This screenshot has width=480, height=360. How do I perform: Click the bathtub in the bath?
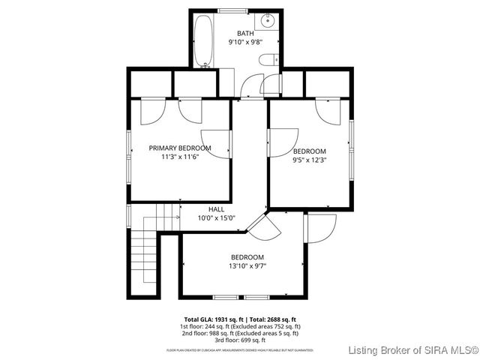[203, 42]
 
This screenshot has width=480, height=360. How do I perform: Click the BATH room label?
[246, 33]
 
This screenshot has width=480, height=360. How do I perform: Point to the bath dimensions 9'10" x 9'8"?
[246, 43]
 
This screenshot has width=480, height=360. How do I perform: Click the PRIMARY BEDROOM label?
[179, 148]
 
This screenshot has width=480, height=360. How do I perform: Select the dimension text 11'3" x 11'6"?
[179, 157]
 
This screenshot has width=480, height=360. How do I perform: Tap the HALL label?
[216, 209]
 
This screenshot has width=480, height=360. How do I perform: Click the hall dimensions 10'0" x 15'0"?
[216, 218]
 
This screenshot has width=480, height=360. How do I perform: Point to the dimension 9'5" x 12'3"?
[310, 160]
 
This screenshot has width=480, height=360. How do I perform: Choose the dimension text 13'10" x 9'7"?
[247, 265]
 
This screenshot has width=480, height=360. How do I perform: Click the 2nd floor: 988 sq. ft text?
[239, 333]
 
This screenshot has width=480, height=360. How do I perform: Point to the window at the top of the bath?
[231, 9]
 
